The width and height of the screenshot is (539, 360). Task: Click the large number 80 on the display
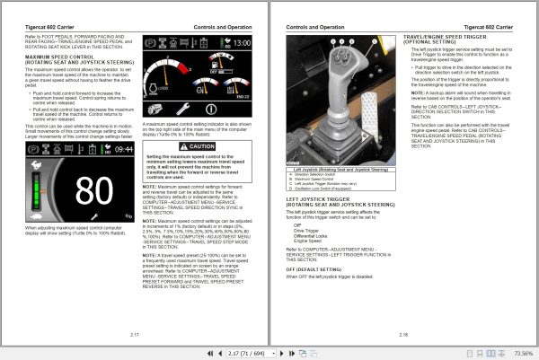coord(93,191)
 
